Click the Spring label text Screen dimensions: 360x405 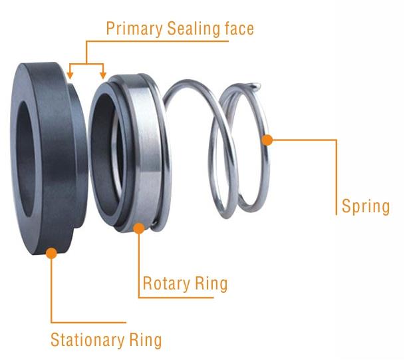[x=365, y=206]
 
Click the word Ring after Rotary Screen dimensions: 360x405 [x=210, y=284]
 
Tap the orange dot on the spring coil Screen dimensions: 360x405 [x=267, y=140]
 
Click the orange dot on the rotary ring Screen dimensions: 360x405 [x=138, y=228]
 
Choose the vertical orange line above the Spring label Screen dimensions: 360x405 [x=337, y=166]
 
